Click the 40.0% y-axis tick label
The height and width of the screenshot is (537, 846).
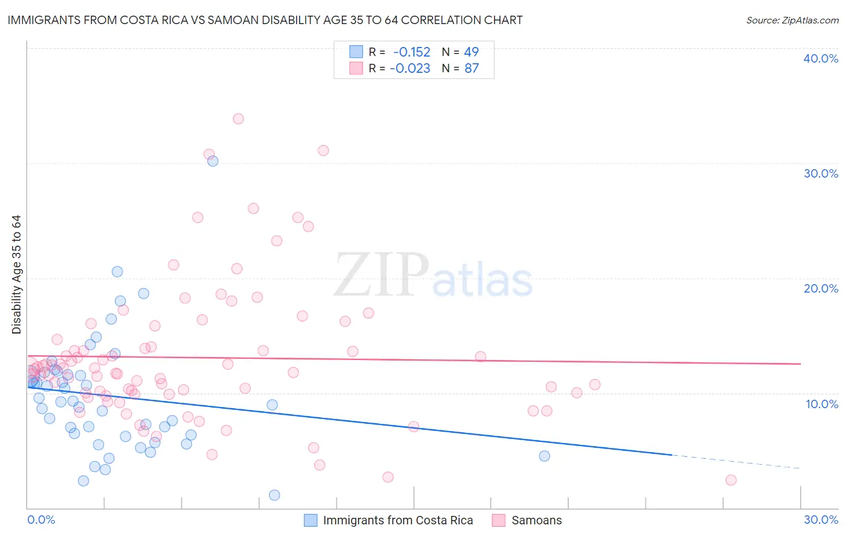(820, 58)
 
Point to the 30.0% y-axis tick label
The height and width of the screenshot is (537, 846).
(820, 173)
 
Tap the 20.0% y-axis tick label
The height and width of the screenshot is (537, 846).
(820, 288)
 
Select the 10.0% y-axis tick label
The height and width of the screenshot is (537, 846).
(821, 404)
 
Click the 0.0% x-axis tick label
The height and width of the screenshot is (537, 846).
(41, 520)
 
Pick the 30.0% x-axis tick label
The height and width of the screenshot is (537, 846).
(821, 520)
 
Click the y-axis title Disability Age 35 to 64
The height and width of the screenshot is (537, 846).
(16, 275)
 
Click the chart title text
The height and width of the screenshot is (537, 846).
(265, 20)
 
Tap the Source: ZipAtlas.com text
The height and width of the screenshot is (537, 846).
(792, 20)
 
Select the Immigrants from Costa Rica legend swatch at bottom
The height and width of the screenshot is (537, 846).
(310, 520)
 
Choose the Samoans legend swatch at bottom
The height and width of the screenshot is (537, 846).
(499, 520)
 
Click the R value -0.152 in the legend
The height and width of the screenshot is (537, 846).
(412, 52)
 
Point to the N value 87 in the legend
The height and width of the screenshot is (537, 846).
(471, 69)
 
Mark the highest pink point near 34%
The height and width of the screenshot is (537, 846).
(238, 119)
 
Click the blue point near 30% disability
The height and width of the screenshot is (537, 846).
(212, 161)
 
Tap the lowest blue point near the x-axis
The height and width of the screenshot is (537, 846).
(274, 495)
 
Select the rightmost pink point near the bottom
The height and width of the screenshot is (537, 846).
(731, 480)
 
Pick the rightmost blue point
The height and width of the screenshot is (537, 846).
(545, 456)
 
